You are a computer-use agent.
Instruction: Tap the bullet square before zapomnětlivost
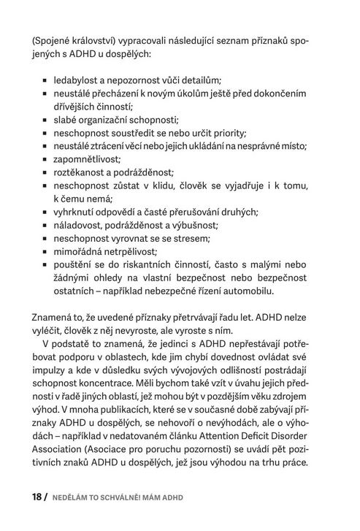click(45, 159)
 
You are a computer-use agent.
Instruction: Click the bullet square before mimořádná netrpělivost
click(45, 252)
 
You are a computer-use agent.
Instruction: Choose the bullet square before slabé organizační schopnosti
click(45, 119)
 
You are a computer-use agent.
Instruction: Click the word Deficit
click(277, 451)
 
